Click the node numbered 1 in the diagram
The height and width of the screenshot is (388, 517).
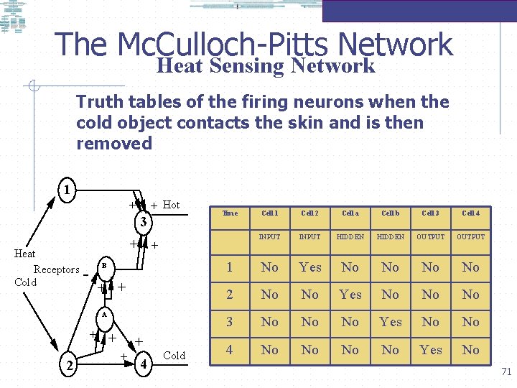tap(65, 191)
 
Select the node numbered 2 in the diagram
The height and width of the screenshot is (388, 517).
tap(68, 366)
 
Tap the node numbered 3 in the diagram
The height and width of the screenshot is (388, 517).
tap(144, 221)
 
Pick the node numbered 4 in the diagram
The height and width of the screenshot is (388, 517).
tap(144, 363)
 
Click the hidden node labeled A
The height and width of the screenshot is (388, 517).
tap(103, 315)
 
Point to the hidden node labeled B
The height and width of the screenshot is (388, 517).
tap(103, 266)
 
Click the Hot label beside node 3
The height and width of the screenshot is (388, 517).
tap(172, 205)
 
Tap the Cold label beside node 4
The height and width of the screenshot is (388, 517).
tap(174, 356)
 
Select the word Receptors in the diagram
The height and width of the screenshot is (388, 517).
tap(57, 270)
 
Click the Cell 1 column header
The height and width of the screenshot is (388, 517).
tap(269, 213)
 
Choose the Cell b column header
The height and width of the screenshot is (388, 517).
tap(390, 213)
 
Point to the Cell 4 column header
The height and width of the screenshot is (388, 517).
tap(470, 213)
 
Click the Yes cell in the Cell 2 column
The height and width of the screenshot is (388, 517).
tap(309, 267)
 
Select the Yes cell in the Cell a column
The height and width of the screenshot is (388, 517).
tap(350, 295)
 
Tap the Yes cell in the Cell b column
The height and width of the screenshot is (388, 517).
tap(390, 322)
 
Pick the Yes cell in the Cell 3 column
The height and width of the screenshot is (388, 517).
tap(430, 350)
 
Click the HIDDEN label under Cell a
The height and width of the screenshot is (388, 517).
tap(350, 237)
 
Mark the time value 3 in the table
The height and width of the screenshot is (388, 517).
tap(230, 322)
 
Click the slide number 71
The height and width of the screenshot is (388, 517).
tap(506, 371)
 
